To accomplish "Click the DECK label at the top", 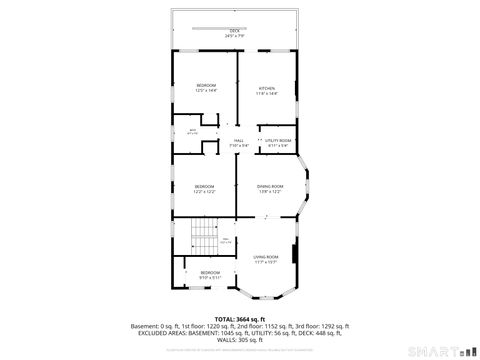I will coord(235,31).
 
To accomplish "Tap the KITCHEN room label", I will coord(267,89).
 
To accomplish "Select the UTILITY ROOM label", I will coord(278,140).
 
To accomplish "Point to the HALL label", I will coord(238,140).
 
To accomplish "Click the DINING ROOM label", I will coord(270,186).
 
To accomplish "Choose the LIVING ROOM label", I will coord(266,257).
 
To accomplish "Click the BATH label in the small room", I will coord(193,130).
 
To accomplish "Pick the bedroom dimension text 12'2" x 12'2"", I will coord(205,191).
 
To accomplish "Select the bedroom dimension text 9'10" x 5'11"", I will coord(210,277).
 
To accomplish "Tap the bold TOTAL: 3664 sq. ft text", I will coord(239,319).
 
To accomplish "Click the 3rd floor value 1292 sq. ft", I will coord(330,326).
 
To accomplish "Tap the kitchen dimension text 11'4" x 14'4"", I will coord(267,94).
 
